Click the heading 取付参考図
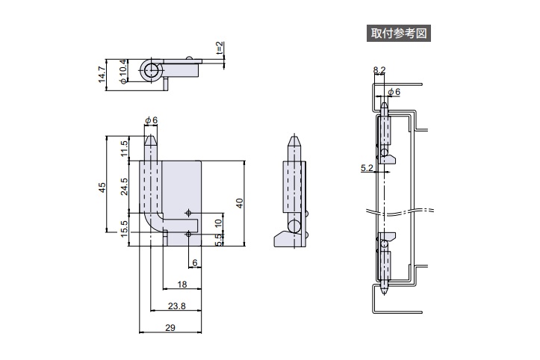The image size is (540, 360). coord(400,33)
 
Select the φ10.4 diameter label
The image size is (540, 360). coord(123,72)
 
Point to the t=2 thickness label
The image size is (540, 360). coord(220,50)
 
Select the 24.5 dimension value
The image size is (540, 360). coord(124,186)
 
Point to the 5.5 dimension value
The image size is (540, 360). coord(218,238)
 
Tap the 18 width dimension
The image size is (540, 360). coord(182,285)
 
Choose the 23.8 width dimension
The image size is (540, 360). coord(176,305)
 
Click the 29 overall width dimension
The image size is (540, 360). coord(171,327)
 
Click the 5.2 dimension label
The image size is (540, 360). coord(366,168)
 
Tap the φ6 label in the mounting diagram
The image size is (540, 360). coord(394,91)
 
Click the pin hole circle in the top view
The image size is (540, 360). coord(152,72)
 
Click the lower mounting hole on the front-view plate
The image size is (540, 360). coord(188,235)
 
